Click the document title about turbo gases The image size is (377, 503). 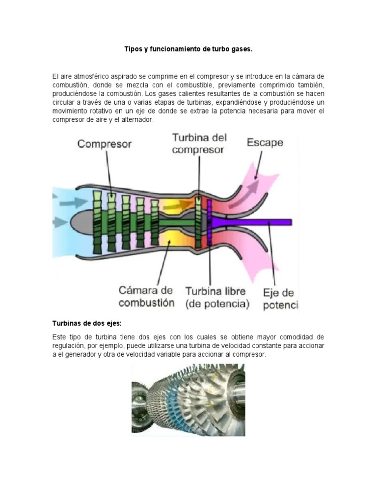click(188, 49)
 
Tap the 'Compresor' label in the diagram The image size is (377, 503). click(104, 144)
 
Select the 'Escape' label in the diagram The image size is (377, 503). click(265, 142)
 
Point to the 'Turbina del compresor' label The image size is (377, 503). click(199, 143)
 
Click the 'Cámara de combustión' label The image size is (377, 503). click(146, 297)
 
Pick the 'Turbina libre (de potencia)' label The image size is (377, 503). click(217, 297)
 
